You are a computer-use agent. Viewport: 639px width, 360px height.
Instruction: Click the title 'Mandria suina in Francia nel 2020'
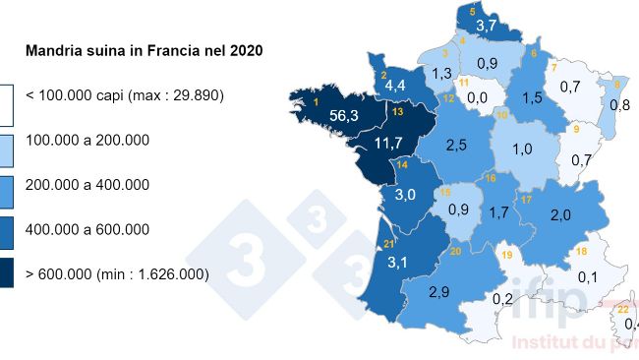tap(145, 49)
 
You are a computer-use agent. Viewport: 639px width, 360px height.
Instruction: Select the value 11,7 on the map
tap(390, 144)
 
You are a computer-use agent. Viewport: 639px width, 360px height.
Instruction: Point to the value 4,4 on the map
tap(395, 86)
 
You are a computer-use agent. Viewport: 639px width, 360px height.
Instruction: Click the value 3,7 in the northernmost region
tap(486, 25)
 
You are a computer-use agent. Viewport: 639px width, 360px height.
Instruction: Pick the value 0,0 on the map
tap(478, 97)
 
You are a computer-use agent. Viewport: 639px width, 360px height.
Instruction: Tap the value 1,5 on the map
tap(534, 97)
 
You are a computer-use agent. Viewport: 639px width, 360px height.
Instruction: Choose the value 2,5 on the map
tap(455, 146)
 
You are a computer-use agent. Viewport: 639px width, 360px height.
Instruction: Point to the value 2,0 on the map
tap(560, 215)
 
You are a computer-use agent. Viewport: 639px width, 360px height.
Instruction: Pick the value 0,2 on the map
tap(502, 298)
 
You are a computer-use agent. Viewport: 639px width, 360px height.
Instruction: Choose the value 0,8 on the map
tap(619, 104)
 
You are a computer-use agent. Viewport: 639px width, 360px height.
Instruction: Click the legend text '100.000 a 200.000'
tap(87, 140)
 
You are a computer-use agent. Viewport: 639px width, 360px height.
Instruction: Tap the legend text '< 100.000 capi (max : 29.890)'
tap(125, 95)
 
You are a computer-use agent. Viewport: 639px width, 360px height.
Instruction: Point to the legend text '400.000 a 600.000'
tap(87, 229)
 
